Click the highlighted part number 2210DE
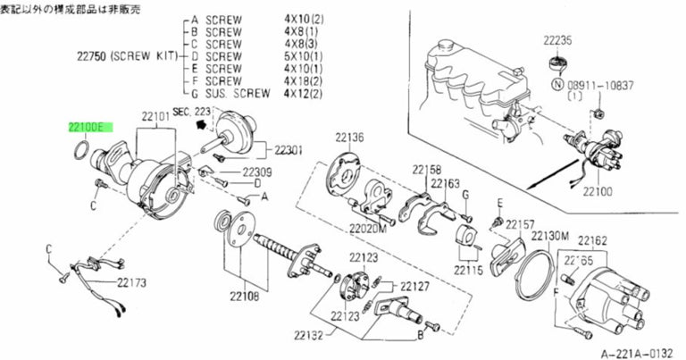click(x=87, y=129)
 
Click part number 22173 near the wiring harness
click(x=131, y=282)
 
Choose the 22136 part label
click(x=349, y=138)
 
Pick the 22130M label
click(x=550, y=236)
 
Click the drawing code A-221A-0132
click(x=638, y=352)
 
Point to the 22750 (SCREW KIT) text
click(x=124, y=54)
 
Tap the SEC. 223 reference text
click(x=191, y=111)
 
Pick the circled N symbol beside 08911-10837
click(x=558, y=85)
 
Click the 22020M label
click(x=366, y=228)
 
